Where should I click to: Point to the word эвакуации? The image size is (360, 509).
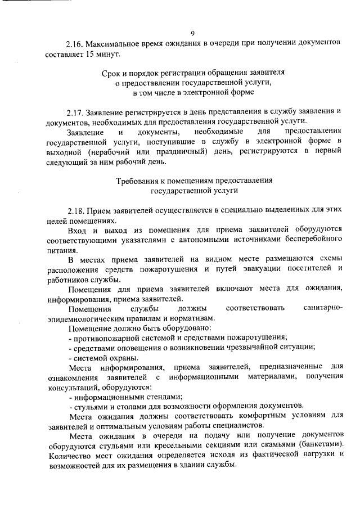245,269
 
